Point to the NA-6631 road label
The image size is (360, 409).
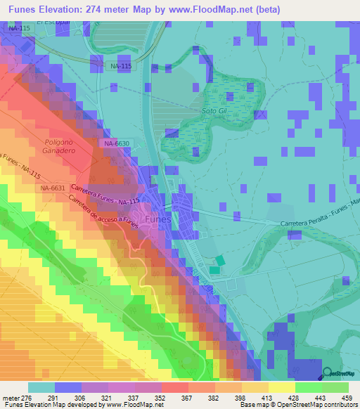53,188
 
